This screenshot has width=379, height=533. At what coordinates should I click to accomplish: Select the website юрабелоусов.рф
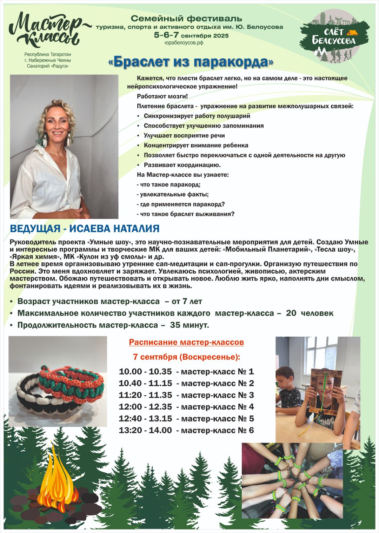click(x=184, y=43)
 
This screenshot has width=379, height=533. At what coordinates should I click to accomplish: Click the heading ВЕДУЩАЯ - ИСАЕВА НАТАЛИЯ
click(x=85, y=229)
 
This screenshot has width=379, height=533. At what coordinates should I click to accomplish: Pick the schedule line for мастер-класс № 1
click(x=186, y=372)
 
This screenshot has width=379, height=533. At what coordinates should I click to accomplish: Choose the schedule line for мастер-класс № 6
click(x=186, y=431)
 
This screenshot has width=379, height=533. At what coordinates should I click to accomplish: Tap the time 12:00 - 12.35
click(x=145, y=407)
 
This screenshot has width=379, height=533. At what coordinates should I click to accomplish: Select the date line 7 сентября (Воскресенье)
click(x=186, y=357)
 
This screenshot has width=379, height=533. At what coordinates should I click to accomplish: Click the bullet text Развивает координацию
click(x=182, y=165)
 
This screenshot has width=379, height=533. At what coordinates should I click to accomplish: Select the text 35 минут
click(x=189, y=325)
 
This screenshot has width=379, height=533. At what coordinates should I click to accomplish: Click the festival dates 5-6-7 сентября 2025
click(x=191, y=35)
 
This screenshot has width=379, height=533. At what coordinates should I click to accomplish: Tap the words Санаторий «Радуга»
click(x=48, y=66)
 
